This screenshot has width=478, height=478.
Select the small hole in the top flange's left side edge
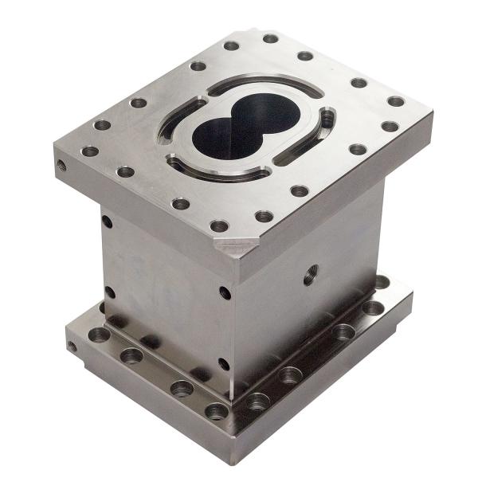click(62, 167)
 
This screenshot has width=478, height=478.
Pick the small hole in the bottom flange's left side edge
click(72, 347)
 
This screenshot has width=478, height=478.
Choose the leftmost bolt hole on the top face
click(90, 151)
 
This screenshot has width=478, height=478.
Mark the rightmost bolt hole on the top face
click(396, 101)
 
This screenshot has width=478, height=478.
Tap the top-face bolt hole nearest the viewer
click(220, 226)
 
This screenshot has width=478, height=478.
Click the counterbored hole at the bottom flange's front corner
click(217, 410)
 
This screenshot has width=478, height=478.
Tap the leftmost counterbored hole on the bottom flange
click(99, 335)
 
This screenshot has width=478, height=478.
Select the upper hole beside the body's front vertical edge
click(225, 292)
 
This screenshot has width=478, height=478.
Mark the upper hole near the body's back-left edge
click(107, 221)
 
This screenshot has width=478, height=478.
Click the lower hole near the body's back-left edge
click(109, 292)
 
